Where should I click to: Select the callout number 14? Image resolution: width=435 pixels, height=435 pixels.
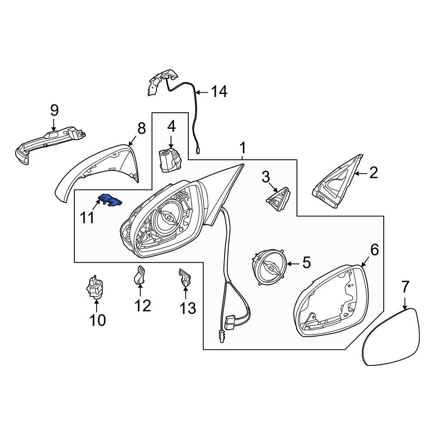point(219,92)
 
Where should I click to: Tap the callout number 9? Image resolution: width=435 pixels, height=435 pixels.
point(54,110)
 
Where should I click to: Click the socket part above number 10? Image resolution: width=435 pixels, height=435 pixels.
point(95,288)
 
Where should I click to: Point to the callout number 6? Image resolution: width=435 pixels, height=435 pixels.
point(374,250)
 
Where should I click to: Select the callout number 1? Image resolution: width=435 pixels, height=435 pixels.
point(243,148)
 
